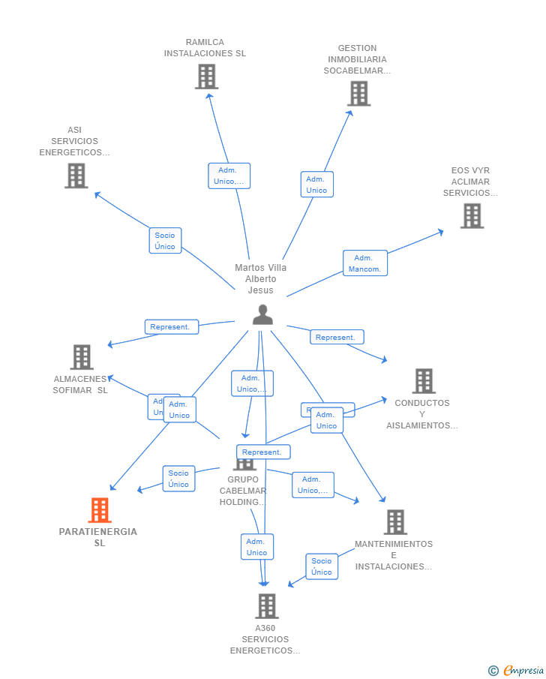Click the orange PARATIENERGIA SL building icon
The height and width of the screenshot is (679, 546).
(x=100, y=510)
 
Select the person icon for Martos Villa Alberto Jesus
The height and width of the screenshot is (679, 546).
(x=262, y=314)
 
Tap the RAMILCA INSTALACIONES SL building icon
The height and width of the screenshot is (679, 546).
(x=206, y=77)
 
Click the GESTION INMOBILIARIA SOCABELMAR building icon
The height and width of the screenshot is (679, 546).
(x=358, y=94)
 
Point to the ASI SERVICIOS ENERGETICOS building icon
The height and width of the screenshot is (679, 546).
(x=76, y=176)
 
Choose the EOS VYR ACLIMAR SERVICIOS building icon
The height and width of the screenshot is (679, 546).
(x=472, y=216)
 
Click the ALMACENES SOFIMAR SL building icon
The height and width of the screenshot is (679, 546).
(x=82, y=357)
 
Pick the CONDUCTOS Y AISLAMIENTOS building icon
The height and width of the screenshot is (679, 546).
(x=424, y=381)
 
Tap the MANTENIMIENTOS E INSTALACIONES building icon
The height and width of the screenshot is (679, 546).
(x=395, y=522)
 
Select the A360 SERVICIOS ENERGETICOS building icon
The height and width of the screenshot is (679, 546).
(x=266, y=606)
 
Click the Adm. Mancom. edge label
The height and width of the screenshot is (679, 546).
(x=365, y=263)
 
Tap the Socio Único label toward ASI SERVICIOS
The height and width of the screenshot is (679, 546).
(x=165, y=241)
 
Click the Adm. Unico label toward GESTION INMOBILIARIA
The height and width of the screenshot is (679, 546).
(x=316, y=185)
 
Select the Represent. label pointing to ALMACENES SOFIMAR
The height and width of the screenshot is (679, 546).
(x=172, y=327)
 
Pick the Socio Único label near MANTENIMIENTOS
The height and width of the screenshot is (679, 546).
(x=321, y=566)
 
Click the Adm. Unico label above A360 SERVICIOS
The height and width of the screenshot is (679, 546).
(x=256, y=547)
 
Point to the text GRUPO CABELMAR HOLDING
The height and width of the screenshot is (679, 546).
(x=243, y=491)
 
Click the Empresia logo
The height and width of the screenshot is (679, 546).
(x=517, y=671)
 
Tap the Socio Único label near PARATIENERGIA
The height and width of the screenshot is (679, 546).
(x=178, y=479)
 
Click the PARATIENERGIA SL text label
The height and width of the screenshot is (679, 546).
(x=98, y=537)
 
